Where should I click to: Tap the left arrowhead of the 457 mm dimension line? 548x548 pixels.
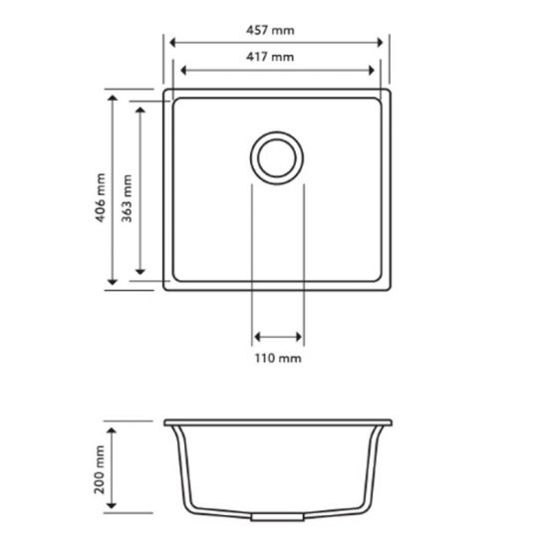pyautogui.click(x=172, y=43)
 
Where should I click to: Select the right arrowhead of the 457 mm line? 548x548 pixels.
pyautogui.click(x=383, y=43)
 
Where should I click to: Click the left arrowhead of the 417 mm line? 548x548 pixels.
pyautogui.click(x=179, y=71)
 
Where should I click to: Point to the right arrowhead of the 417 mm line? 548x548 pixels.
pyautogui.click(x=376, y=71)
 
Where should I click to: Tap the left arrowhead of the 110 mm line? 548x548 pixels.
pyautogui.click(x=257, y=336)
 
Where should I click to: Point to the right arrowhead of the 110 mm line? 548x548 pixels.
pyautogui.click(x=299, y=336)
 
